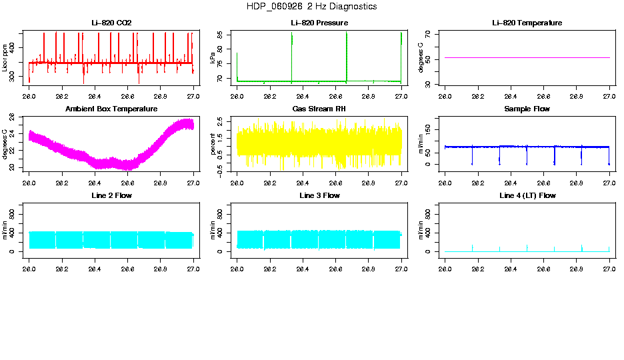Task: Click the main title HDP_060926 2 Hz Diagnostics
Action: click(x=311, y=6)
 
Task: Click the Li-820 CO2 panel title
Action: click(x=111, y=23)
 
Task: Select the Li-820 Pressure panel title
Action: click(x=319, y=23)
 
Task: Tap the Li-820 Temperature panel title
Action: click(x=527, y=23)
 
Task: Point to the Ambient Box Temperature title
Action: click(x=111, y=109)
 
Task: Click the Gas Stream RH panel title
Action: click(x=319, y=109)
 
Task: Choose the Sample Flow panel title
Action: click(x=527, y=109)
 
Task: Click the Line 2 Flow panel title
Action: click(x=111, y=195)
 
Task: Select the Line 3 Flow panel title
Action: click(x=319, y=195)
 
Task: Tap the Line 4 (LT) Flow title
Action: click(x=527, y=195)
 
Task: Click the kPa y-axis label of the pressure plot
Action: click(x=213, y=57)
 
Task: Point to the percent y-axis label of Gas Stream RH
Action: click(x=213, y=143)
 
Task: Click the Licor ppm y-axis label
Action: click(x=5, y=57)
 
